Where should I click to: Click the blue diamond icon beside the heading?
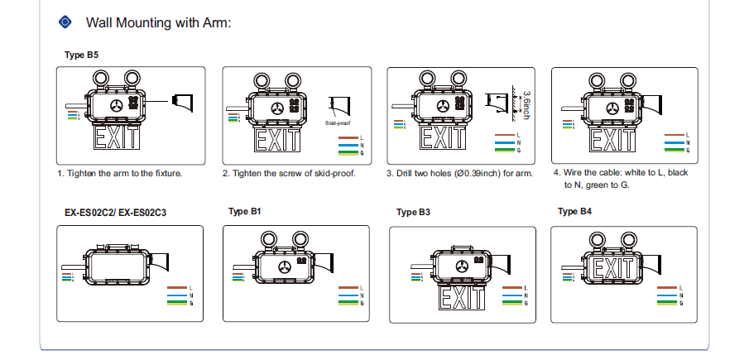[x=66, y=22]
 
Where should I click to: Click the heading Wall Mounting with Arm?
[x=158, y=22]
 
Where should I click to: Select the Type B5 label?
[x=82, y=55]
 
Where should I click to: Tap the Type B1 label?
[x=245, y=212]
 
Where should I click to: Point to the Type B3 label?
[x=413, y=213]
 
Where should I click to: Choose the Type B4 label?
[x=574, y=212]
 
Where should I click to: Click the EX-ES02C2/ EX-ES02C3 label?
[x=116, y=213]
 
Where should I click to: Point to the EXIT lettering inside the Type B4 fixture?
[x=613, y=267]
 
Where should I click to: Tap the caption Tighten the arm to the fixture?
[x=119, y=174]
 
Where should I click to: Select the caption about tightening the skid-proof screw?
[x=289, y=174]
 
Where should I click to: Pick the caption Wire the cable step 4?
[x=620, y=178]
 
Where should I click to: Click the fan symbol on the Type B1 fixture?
[x=286, y=266]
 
